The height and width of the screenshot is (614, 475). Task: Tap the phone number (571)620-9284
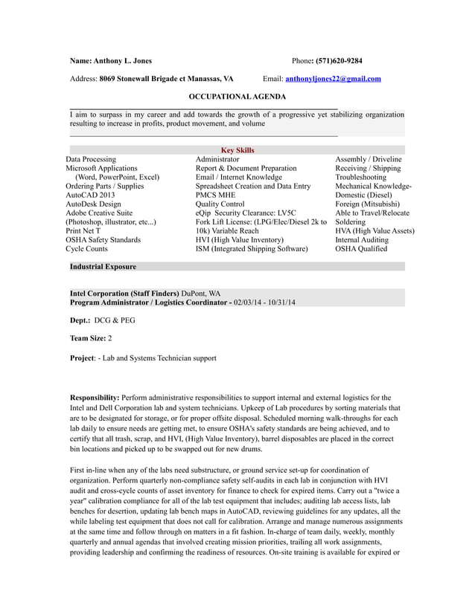(339, 61)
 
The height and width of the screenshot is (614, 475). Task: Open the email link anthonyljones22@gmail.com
(333, 79)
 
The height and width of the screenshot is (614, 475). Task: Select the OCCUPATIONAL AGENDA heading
(237, 97)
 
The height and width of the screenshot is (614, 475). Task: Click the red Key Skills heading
(238, 150)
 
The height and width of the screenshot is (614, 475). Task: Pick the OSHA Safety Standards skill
(103, 240)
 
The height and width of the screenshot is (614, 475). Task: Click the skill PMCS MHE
(216, 195)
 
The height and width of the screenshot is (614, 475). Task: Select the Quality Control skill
(220, 204)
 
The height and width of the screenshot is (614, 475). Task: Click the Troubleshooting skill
(360, 178)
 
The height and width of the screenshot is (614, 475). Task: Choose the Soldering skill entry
(350, 222)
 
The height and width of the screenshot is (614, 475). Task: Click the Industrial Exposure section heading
(103, 266)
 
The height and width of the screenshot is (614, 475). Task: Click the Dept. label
(80, 320)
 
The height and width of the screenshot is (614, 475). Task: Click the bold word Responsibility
(94, 398)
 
